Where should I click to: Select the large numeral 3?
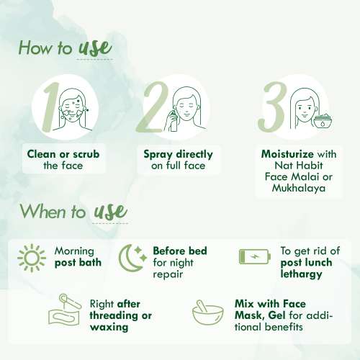pos(272,107)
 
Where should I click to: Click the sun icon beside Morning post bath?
pos(32,258)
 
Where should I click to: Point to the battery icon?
pos(255,257)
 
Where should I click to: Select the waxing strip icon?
pos(65,310)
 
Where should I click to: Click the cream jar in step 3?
pos(323,122)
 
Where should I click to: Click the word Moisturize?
pos(287,154)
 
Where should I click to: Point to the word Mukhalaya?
pos(299,188)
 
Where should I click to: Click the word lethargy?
pos(301,274)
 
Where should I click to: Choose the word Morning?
pos(74,252)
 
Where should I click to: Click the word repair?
pos(168,275)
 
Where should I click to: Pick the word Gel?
pos(278,315)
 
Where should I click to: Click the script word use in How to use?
pos(95,48)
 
